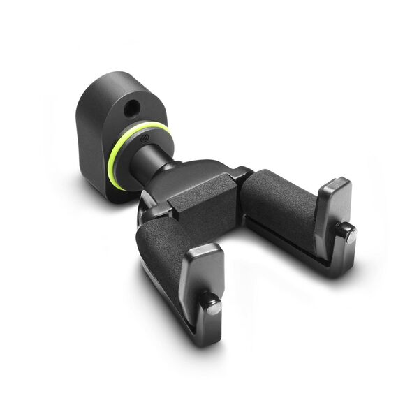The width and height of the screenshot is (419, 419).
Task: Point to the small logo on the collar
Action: point(142,140)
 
